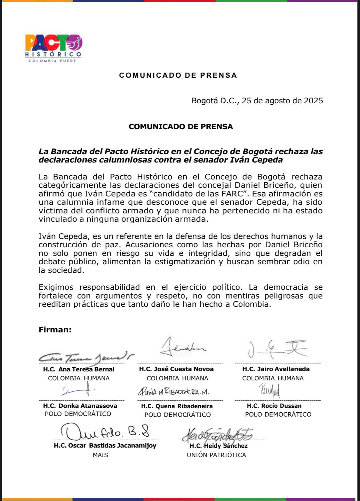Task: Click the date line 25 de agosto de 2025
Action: pyautogui.click(x=257, y=100)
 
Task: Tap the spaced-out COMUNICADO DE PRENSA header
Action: pyautogui.click(x=178, y=75)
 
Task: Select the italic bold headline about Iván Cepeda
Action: pyautogui.click(x=180, y=155)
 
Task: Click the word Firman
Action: pyautogui.click(x=55, y=330)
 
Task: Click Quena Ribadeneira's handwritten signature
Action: pyautogui.click(x=173, y=392)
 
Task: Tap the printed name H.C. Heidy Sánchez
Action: pyautogui.click(x=219, y=446)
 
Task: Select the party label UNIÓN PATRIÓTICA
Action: pyautogui.click(x=216, y=455)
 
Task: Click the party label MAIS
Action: pyautogui.click(x=100, y=455)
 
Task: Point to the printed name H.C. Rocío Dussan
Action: pyautogui.click(x=274, y=406)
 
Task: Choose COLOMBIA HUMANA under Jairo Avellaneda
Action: pyautogui.click(x=273, y=378)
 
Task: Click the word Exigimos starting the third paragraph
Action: pyautogui.click(x=56, y=287)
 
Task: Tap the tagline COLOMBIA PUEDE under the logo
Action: pyautogui.click(x=52, y=61)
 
